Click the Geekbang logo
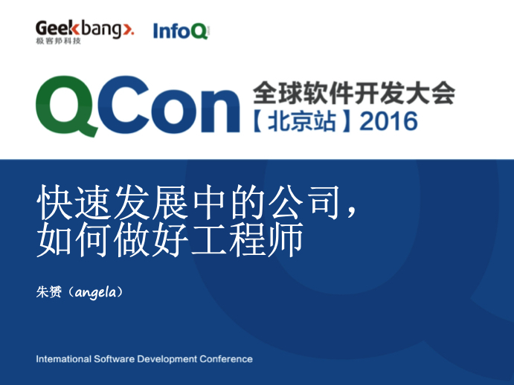tap(85, 32)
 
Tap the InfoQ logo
tap(181, 30)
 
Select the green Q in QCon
tap(66, 106)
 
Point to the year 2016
tap(388, 122)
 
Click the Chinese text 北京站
tap(302, 121)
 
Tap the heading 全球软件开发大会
tap(354, 93)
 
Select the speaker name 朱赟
tap(49, 291)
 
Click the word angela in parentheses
tap(95, 292)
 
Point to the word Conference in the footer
tap(226, 359)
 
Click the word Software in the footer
tap(114, 359)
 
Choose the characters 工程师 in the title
tap(247, 239)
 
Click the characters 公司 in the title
tap(304, 202)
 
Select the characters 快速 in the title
tap(73, 202)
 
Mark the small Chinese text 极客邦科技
tap(58, 41)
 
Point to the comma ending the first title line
tap(351, 211)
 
